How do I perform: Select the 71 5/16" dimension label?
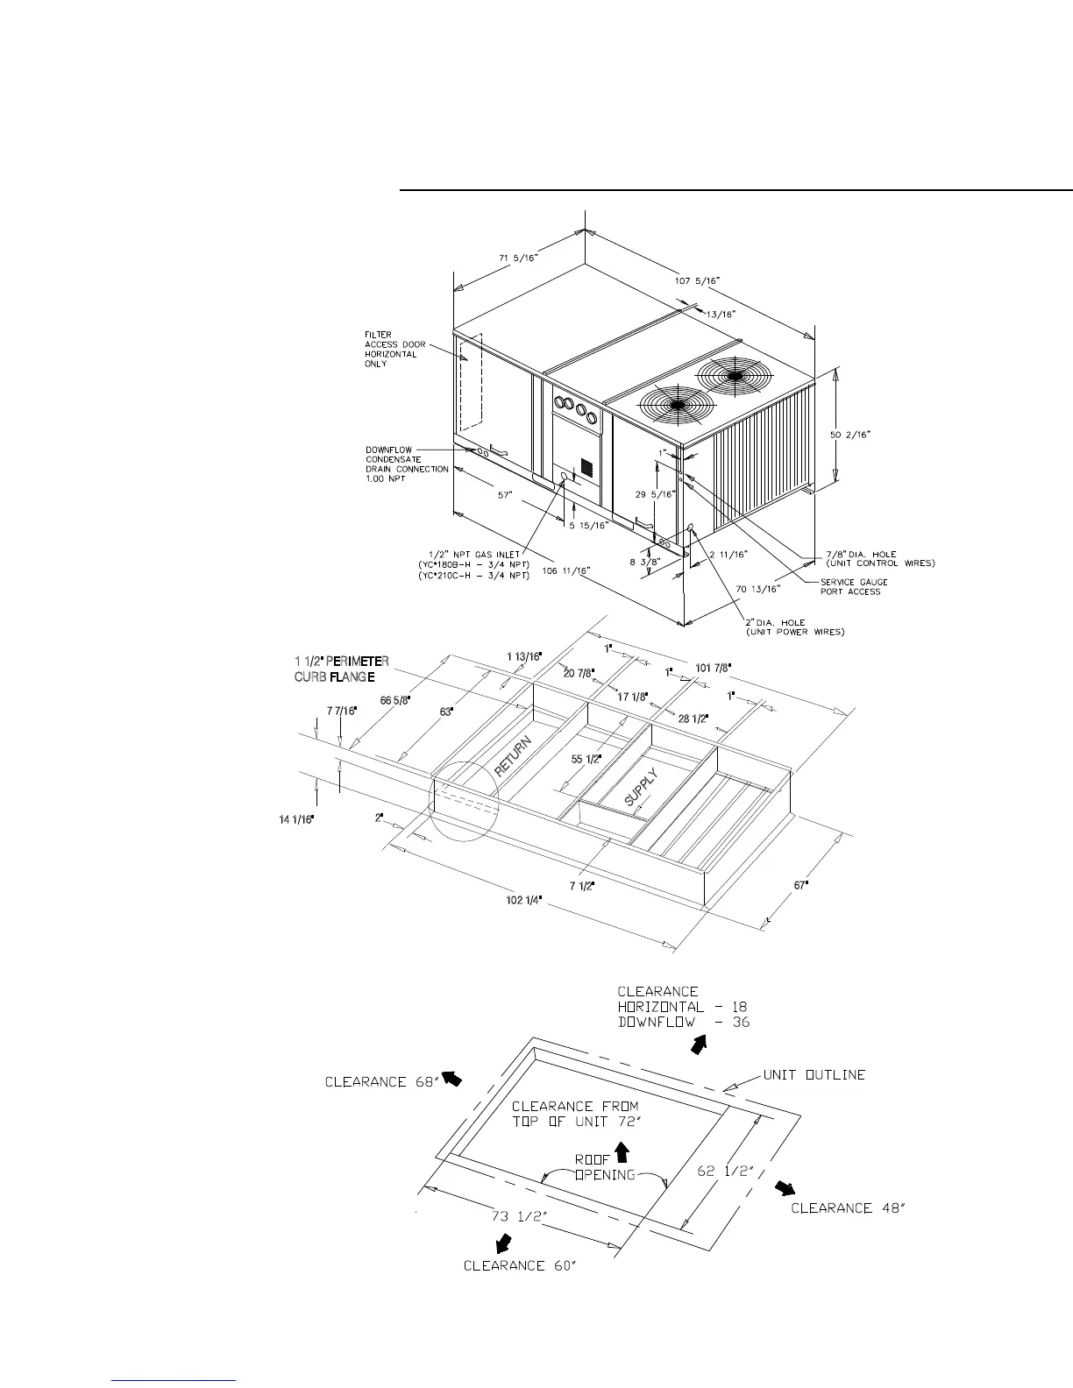pyautogui.click(x=517, y=257)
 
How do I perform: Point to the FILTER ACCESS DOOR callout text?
pyautogui.click(x=395, y=349)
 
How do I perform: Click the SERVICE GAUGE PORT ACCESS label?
pyautogui.click(x=854, y=587)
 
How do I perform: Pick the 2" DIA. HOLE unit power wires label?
pyautogui.click(x=795, y=627)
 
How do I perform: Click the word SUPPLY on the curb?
pyautogui.click(x=641, y=787)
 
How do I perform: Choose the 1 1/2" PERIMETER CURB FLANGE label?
pyautogui.click(x=341, y=669)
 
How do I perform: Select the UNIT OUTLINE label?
pyautogui.click(x=814, y=1074)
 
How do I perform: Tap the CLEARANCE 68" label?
pyautogui.click(x=381, y=1081)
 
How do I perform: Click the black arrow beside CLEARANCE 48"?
pyautogui.click(x=784, y=1187)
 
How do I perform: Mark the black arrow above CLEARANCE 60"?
pyautogui.click(x=504, y=1243)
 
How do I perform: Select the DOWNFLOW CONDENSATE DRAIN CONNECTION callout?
pyautogui.click(x=407, y=464)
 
